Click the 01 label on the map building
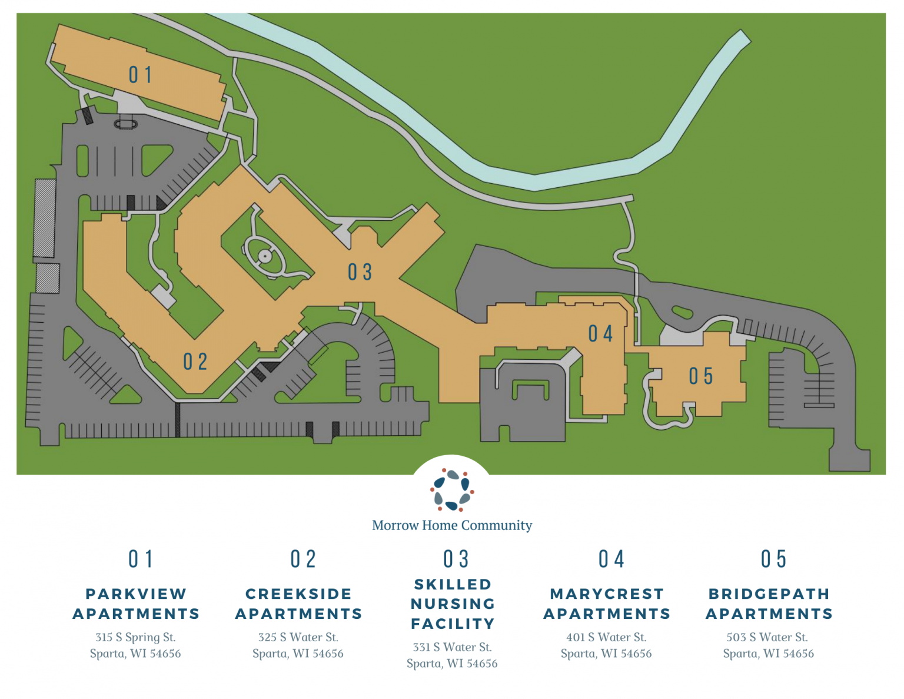tap(140, 75)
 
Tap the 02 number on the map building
tap(195, 362)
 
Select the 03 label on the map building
tap(360, 272)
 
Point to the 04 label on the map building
tap(600, 334)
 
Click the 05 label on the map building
tap(701, 376)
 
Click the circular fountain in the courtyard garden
tap(265, 256)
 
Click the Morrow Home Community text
tap(451, 525)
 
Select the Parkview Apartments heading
tap(136, 604)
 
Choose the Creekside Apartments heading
tap(298, 604)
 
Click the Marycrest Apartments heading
tap(607, 604)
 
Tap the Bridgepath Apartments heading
tap(769, 604)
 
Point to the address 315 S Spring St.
tap(135, 637)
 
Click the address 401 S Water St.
tap(606, 637)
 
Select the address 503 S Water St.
tap(767, 637)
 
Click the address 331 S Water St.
tap(452, 647)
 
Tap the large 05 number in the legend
tap(773, 559)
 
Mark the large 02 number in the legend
tap(303, 559)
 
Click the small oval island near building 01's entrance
tap(125, 124)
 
